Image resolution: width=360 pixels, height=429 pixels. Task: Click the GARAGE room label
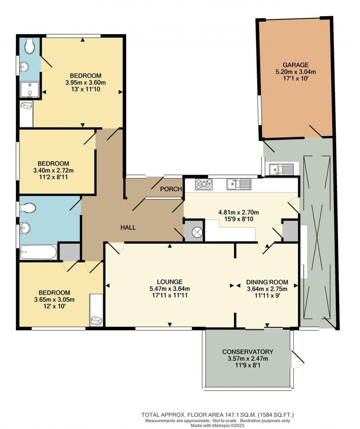(296, 65)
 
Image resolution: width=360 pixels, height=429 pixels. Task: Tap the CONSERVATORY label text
(247, 352)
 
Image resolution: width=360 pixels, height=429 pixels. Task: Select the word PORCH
(171, 189)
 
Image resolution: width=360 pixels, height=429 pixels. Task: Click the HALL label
(128, 227)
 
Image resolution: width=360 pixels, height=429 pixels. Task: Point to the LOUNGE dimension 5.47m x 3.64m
(170, 289)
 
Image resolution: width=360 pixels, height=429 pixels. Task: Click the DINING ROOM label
(267, 282)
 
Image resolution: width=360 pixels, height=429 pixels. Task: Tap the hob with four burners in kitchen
(205, 183)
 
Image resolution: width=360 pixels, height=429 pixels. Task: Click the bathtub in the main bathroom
(38, 252)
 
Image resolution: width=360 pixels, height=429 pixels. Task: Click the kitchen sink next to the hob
(238, 183)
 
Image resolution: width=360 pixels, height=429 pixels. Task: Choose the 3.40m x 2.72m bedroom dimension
(53, 170)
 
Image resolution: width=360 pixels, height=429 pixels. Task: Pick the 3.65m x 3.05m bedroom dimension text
(54, 299)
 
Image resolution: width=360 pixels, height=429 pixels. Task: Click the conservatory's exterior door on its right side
(297, 359)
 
